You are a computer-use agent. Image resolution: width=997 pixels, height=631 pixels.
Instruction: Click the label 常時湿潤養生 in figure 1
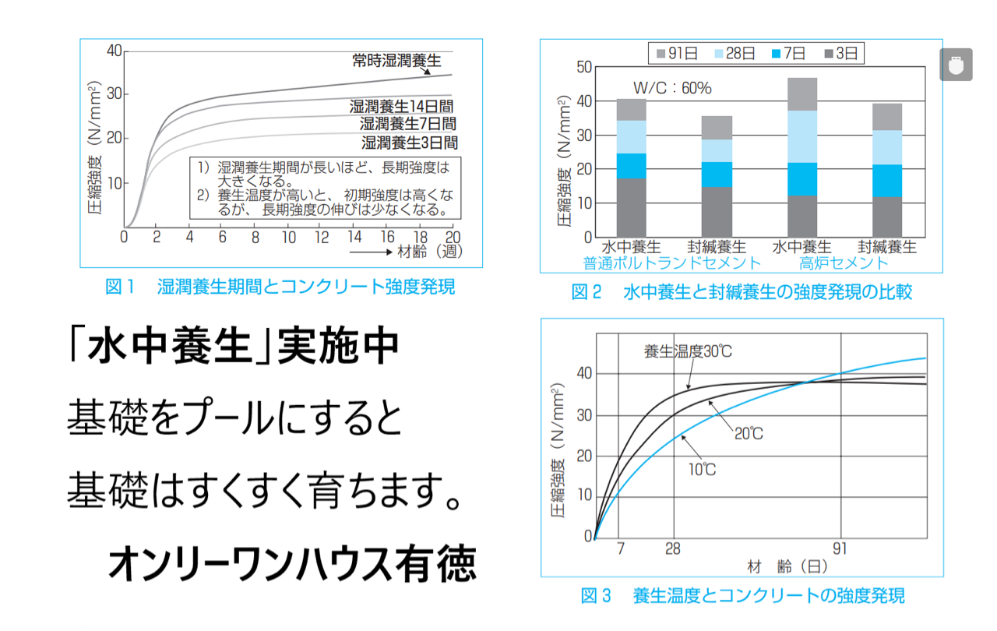click(x=396, y=61)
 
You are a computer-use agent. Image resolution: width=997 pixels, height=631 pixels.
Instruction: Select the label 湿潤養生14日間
click(x=401, y=107)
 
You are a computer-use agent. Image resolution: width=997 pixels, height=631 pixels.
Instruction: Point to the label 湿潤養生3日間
click(x=410, y=143)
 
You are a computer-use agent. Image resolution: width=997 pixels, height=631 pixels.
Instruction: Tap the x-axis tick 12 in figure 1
click(x=322, y=237)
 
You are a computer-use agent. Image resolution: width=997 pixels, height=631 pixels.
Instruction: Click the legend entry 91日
click(x=677, y=54)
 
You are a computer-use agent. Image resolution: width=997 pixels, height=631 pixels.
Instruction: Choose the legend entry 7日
click(x=788, y=54)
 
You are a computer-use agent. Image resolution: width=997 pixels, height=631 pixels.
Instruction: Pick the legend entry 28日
click(x=735, y=54)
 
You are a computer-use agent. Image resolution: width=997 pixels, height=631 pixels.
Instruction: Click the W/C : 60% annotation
click(x=672, y=88)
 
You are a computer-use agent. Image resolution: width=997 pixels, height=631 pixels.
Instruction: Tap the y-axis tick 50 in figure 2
click(x=584, y=67)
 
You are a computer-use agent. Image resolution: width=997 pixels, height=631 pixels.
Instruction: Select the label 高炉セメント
click(x=844, y=263)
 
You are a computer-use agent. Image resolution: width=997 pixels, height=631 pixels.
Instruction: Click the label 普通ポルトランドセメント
click(x=671, y=263)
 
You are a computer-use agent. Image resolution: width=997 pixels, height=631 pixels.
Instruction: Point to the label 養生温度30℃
click(x=688, y=351)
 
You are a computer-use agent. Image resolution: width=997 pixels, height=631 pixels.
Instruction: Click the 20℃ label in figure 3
click(x=749, y=433)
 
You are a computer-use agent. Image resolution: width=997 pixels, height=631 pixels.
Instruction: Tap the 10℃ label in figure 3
click(x=702, y=470)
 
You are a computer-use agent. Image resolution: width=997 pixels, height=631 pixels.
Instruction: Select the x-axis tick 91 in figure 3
click(x=840, y=549)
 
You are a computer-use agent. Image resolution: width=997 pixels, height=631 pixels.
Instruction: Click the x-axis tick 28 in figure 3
click(x=672, y=549)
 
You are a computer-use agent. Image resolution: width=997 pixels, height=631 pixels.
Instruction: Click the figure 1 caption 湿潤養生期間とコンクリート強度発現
click(x=306, y=287)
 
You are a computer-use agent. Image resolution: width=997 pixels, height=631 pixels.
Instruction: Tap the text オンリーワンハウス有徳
click(x=292, y=563)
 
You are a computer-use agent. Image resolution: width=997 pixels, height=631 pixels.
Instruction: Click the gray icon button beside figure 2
click(x=956, y=65)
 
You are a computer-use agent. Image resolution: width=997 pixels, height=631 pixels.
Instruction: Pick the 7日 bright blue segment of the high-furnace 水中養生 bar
click(x=802, y=179)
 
